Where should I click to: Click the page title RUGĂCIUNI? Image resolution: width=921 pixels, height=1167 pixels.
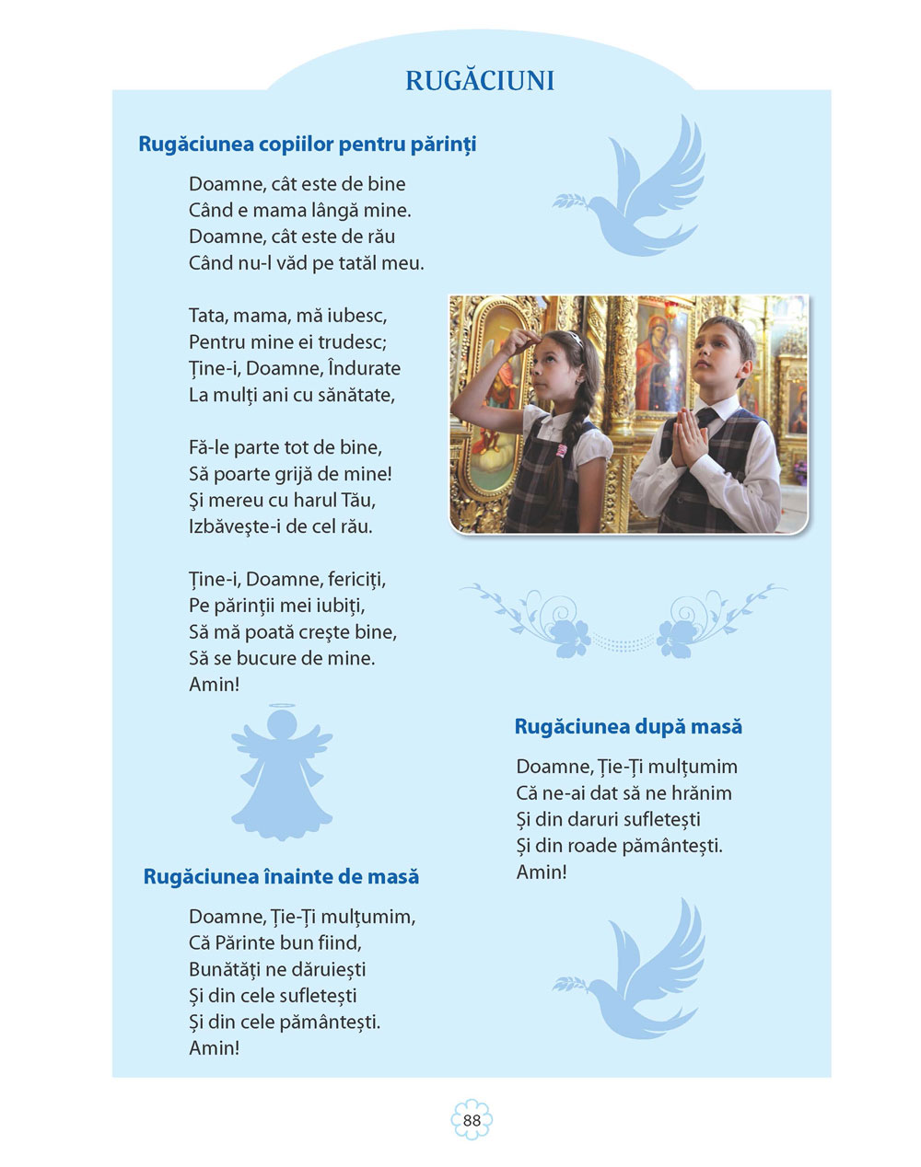click(x=480, y=81)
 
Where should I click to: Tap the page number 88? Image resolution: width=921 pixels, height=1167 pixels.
click(x=472, y=1120)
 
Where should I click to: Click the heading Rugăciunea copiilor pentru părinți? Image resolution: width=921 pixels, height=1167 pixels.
click(x=307, y=144)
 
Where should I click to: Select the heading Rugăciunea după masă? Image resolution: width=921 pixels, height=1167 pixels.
click(x=628, y=726)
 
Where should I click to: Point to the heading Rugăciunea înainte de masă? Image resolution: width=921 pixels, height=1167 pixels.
click(x=281, y=876)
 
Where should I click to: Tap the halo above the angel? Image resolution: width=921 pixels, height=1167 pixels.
click(x=282, y=708)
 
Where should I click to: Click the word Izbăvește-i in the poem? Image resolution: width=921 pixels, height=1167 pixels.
click(x=242, y=527)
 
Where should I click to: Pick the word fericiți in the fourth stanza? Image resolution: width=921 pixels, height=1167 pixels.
click(x=356, y=579)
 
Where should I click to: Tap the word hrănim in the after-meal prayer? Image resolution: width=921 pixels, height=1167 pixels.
click(x=701, y=792)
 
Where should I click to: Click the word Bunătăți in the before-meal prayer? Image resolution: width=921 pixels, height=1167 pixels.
click(x=224, y=969)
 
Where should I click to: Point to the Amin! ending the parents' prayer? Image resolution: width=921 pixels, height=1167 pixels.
click(x=214, y=685)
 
